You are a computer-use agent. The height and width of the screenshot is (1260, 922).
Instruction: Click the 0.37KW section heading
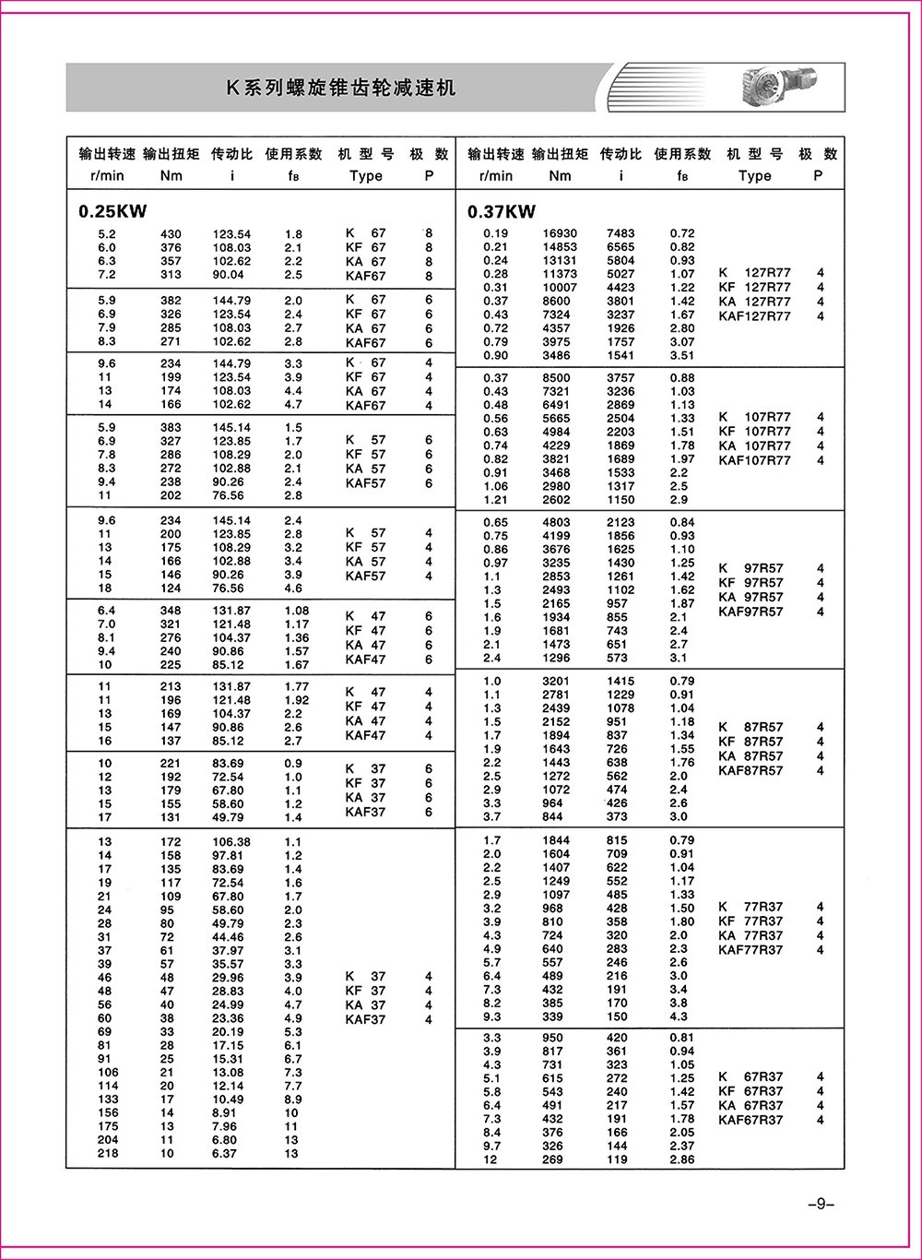502,211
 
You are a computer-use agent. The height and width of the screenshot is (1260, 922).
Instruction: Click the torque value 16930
560,233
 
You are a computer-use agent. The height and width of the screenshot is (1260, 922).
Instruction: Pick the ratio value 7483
620,233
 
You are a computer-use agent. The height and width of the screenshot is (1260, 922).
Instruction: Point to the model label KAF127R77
754,316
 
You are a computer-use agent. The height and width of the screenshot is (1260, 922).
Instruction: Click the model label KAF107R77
754,460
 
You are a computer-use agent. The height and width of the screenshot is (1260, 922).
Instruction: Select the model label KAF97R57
751,612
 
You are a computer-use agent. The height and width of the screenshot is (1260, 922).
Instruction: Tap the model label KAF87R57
751,770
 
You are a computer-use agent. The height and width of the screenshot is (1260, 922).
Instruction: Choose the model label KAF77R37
751,950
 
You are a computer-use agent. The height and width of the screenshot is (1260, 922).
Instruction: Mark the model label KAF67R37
751,1120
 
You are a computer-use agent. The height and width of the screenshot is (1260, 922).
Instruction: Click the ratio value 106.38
230,842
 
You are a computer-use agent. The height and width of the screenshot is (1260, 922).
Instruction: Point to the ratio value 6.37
224,1154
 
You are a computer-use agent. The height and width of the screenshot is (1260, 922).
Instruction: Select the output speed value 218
108,1154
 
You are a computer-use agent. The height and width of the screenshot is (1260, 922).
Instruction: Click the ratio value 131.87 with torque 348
230,611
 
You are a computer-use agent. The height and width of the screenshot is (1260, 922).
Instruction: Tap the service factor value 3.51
682,355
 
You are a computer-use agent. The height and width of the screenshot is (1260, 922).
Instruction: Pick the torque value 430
171,234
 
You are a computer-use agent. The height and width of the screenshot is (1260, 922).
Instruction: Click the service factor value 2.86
682,1159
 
